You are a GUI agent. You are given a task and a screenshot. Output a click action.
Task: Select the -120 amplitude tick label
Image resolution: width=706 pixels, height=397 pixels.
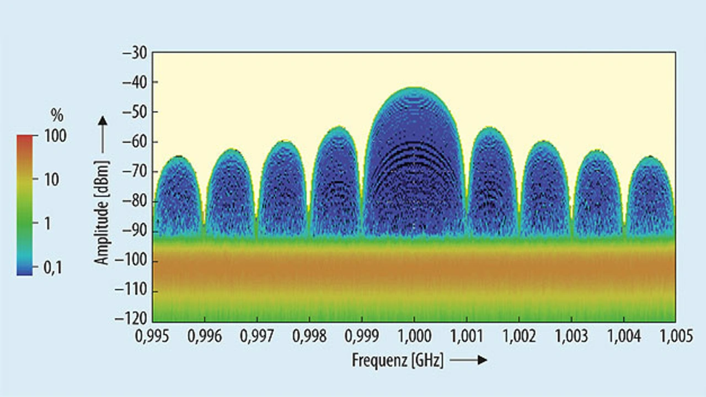[132, 320]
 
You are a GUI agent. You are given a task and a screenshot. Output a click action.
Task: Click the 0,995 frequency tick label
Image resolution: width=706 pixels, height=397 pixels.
[152, 337]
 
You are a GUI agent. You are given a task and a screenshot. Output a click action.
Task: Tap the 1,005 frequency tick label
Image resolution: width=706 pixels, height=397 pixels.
[676, 337]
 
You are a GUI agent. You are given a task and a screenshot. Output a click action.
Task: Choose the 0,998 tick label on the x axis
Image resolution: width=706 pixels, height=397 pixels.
[309, 337]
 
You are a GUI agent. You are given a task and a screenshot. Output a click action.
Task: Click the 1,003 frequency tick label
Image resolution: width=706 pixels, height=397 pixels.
[571, 337]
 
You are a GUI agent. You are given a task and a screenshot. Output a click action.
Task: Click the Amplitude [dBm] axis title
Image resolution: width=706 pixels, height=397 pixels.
[102, 213]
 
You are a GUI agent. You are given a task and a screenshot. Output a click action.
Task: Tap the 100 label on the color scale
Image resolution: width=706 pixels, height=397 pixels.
[55, 135]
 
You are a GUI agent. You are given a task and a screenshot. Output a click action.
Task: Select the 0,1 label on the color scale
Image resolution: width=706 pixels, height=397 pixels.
[53, 268]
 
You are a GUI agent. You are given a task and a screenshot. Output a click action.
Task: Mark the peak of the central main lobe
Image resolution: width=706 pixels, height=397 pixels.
[415, 88]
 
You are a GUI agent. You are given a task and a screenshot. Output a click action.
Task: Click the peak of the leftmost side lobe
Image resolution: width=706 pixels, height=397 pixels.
[179, 157]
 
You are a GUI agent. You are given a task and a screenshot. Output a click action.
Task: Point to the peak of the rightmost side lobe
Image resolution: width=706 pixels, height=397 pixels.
[650, 157]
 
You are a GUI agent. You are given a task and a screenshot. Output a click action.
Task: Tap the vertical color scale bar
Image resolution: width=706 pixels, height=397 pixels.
[25, 204]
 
